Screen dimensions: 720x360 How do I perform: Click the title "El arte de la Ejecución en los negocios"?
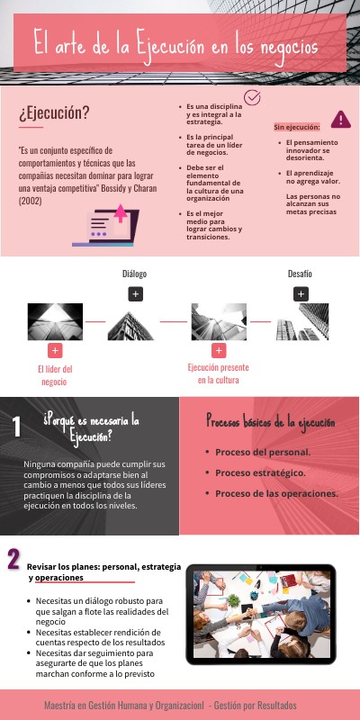click(175, 41)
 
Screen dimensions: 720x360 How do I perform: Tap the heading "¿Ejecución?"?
click(54, 112)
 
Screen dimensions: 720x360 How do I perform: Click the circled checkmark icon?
click(253, 97)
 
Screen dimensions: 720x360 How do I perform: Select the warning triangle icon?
click(340, 119)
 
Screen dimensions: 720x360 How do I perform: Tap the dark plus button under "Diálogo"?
click(135, 293)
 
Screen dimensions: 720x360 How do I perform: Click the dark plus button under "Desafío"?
click(301, 293)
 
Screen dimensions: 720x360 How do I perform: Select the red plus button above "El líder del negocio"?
click(55, 350)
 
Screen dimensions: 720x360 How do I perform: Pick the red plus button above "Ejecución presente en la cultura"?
click(218, 350)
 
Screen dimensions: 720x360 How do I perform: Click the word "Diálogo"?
click(135, 274)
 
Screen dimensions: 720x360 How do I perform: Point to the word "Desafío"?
click(301, 273)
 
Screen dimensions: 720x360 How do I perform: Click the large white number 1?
click(17, 426)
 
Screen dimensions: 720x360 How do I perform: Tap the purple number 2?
click(13, 559)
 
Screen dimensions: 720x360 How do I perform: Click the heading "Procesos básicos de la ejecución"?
click(270, 421)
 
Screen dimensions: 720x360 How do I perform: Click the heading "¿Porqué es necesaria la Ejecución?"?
click(91, 427)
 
